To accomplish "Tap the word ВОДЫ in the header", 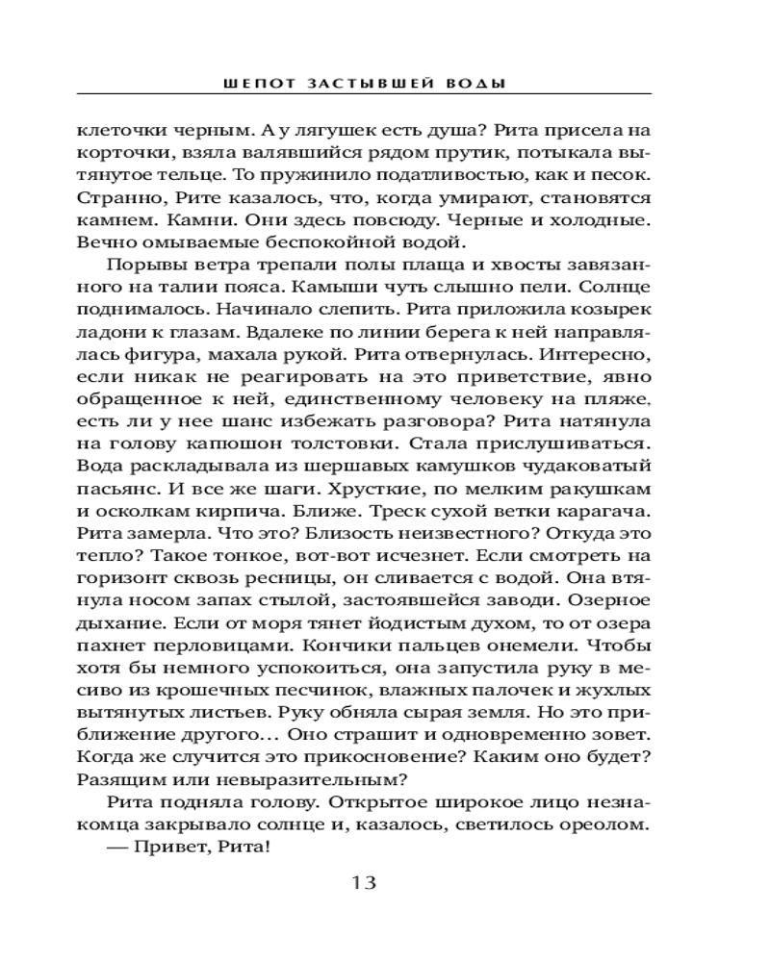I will [471, 84].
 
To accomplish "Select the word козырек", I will [610, 310].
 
